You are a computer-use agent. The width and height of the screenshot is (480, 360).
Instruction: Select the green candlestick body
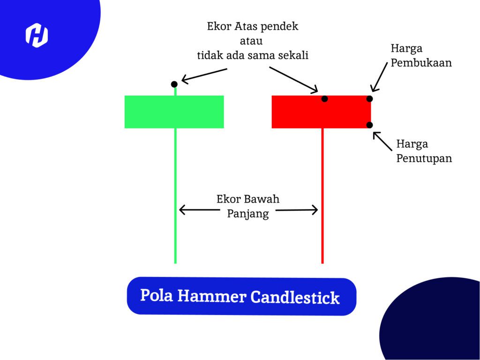[x=174, y=112]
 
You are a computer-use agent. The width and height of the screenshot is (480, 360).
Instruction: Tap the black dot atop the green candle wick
[x=174, y=84]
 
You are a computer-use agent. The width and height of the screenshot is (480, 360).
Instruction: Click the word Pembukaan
[x=421, y=62]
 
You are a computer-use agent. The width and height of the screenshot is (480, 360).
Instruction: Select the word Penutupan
[x=424, y=158]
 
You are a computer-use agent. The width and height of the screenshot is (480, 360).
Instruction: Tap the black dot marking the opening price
[x=370, y=98]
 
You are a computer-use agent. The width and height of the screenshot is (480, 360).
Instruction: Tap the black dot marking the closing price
[x=370, y=125]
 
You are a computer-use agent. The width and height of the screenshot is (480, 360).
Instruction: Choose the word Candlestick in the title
[x=295, y=298]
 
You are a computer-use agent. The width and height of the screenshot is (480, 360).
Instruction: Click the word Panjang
[x=248, y=214]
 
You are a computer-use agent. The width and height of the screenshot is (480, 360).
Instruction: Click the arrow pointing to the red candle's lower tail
[x=298, y=210]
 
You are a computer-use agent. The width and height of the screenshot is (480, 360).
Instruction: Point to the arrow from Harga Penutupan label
[x=382, y=141]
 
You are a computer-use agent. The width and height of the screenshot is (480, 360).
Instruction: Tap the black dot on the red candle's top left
[x=325, y=99]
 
